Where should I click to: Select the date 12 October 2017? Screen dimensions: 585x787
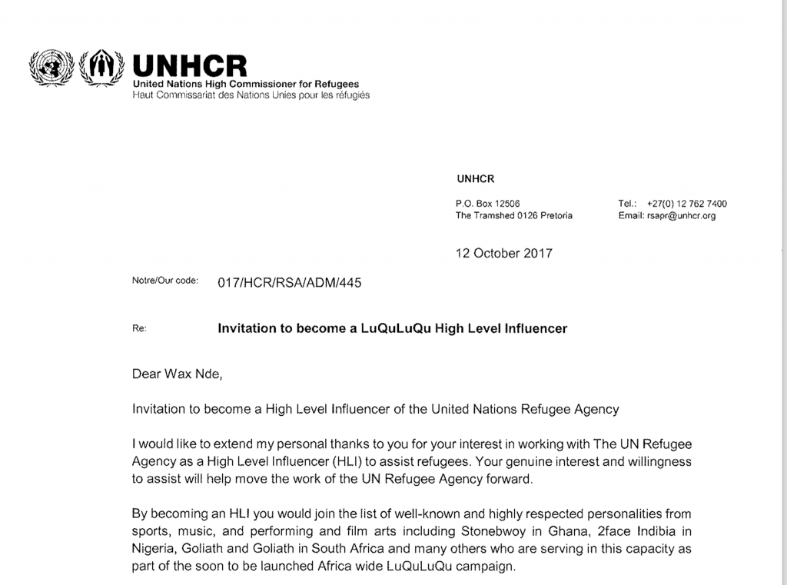(503, 253)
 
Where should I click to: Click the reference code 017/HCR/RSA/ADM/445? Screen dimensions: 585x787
(289, 282)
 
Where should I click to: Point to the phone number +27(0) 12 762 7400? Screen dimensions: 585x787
(686, 204)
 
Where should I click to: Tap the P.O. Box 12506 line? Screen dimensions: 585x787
(488, 204)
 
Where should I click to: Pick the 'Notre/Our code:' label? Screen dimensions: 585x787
(164, 281)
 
